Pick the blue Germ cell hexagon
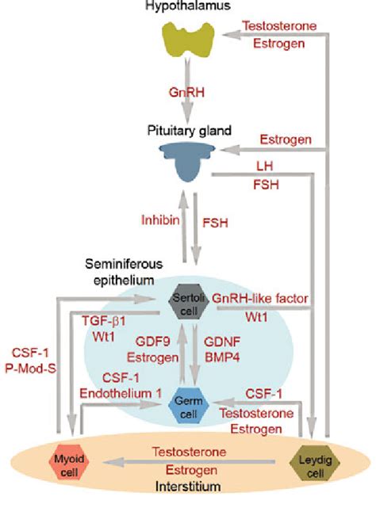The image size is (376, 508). pyautogui.click(x=188, y=404)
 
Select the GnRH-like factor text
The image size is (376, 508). pyautogui.click(x=260, y=297)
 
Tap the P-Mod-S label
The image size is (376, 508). pyautogui.click(x=34, y=367)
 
